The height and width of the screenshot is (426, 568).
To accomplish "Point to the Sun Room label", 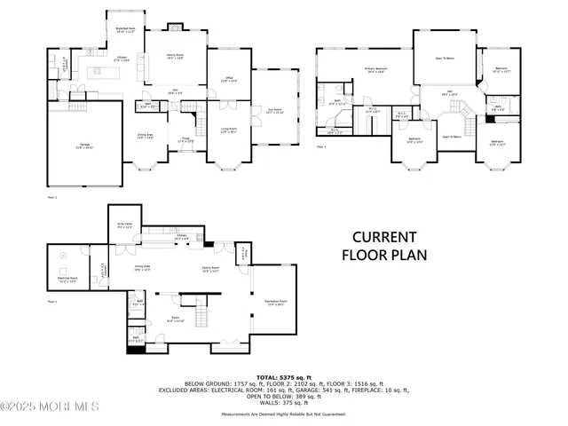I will coord(274,111).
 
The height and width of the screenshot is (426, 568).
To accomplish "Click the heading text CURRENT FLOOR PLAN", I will coord(384,246).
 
